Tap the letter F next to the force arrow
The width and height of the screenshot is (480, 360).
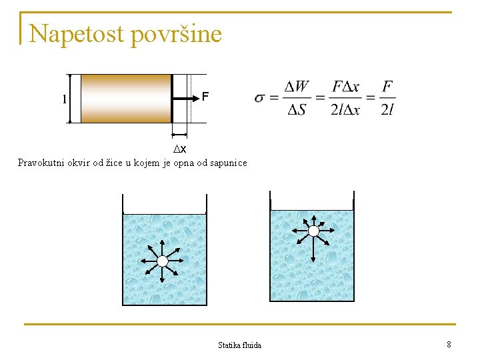(205, 97)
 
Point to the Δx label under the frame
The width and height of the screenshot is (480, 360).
(180, 148)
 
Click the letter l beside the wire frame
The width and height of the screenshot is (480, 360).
(64, 99)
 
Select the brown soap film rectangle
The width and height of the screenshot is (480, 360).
(126, 98)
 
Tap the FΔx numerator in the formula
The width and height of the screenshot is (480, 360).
(345, 87)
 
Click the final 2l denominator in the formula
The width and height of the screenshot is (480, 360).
(387, 110)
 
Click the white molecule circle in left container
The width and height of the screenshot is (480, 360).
(162, 261)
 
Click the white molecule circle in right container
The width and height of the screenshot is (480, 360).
(313, 231)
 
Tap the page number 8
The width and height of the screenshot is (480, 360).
(449, 344)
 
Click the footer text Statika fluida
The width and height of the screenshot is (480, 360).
(239, 345)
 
